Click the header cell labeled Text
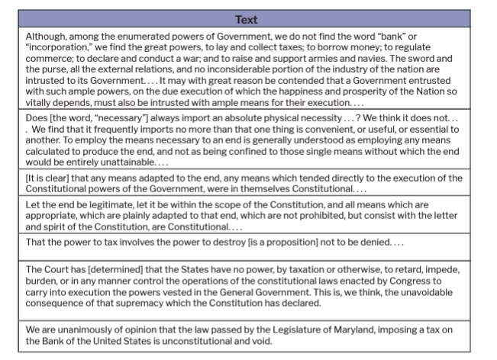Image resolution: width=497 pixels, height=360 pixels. point(246,19)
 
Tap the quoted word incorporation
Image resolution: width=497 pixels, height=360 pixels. point(58,47)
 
